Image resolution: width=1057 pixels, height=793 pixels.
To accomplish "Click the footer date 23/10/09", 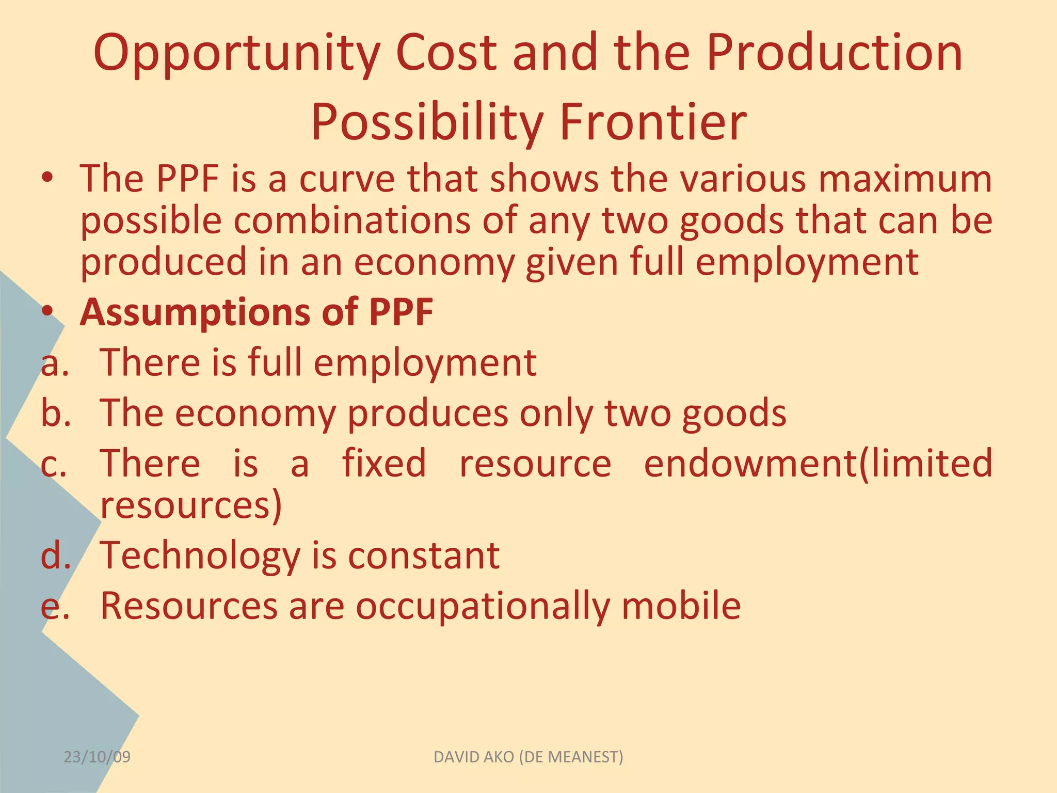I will (97, 757).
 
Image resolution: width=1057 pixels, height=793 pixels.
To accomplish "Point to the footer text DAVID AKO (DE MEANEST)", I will (528, 757).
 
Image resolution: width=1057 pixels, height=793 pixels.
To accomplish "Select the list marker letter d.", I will (55, 556).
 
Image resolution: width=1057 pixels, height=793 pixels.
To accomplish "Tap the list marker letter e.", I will (54, 606).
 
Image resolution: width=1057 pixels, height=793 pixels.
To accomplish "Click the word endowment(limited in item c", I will (818, 463).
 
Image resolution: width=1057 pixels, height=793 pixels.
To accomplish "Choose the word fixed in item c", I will (384, 463).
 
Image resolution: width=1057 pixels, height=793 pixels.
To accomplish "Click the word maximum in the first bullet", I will (904, 179).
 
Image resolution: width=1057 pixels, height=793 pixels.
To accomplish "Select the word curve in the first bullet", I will (347, 179).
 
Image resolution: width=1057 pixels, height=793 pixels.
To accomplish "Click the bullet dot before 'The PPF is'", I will (47, 178).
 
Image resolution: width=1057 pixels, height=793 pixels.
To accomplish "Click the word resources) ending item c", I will (191, 505).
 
